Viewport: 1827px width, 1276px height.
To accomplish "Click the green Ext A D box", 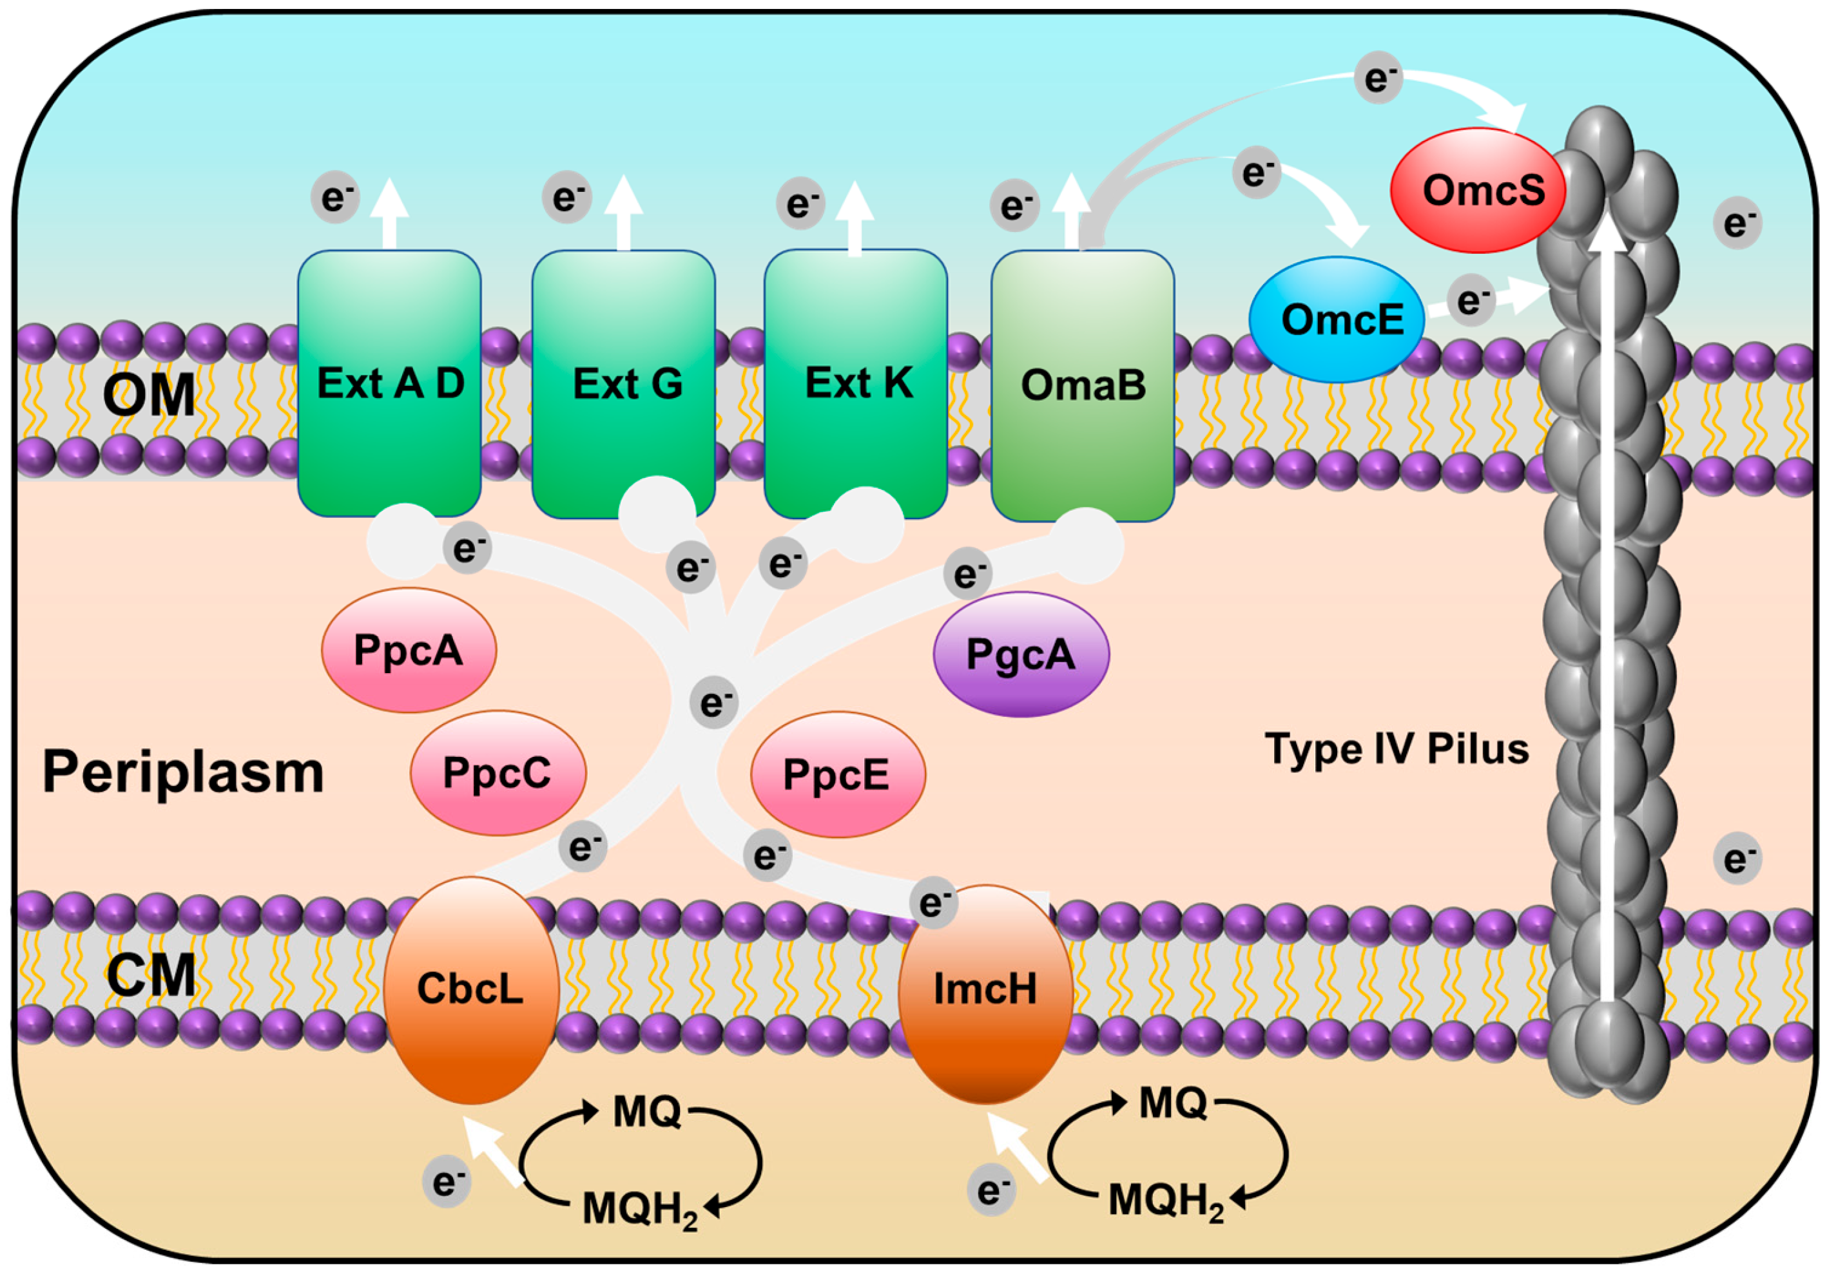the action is (389, 383).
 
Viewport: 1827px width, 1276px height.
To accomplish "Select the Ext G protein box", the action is (623, 383).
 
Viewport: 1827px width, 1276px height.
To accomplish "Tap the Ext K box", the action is (855, 383).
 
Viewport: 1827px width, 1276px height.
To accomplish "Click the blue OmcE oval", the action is (1337, 319).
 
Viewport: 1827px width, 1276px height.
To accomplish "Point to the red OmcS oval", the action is (1478, 190).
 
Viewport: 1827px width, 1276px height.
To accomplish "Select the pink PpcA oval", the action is (409, 650).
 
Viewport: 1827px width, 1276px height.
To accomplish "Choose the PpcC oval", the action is (498, 772).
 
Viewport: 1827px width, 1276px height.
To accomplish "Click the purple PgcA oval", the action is (1021, 654).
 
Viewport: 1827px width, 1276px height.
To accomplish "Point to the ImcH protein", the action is (986, 994).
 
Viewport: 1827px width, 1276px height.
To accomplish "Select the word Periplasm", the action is (183, 772).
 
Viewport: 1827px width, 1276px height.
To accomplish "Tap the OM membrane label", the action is (149, 395).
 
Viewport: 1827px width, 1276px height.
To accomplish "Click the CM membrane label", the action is (151, 975).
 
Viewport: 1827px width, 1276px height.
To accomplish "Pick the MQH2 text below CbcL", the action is (640, 1209).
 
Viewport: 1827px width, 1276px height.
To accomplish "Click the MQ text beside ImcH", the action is (1173, 1103).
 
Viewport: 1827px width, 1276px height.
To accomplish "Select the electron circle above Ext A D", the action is (336, 196).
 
